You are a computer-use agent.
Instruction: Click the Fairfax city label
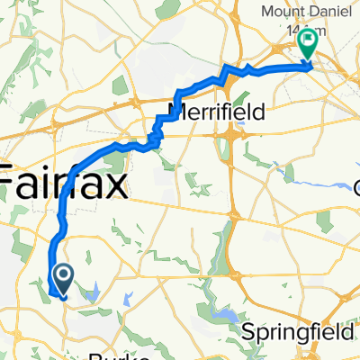pos(63,184)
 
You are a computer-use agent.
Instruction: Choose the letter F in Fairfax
pos(8,184)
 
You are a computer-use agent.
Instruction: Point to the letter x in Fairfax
pos(116,184)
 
